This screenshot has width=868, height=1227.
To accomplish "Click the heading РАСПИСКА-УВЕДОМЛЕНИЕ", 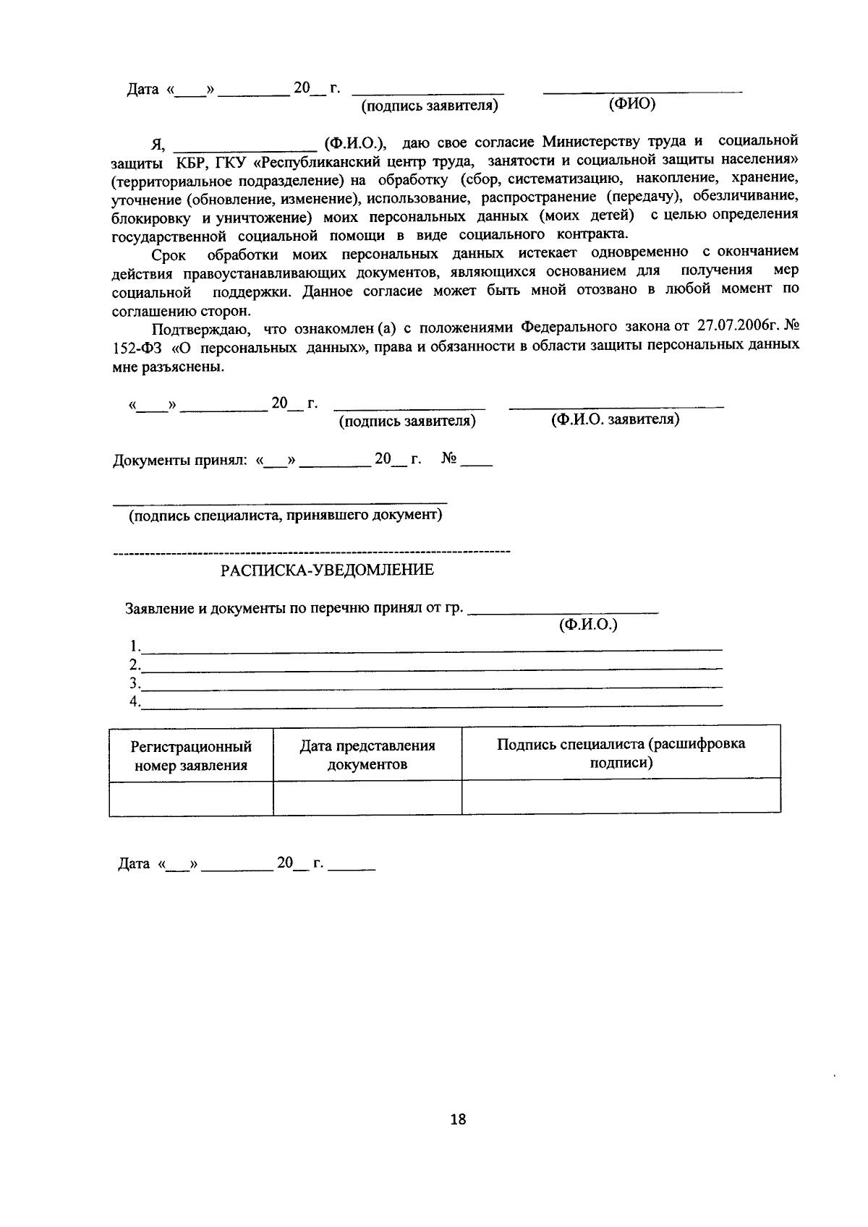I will tap(327, 570).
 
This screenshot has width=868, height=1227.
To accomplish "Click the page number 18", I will tap(458, 1120).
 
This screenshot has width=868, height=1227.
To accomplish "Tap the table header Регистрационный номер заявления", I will tap(191, 756).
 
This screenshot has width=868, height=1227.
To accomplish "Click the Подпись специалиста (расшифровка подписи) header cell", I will tap(621, 753).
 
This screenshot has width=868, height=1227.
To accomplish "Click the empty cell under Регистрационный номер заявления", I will tap(191, 798).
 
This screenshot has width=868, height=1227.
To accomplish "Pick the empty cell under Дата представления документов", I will tap(367, 798).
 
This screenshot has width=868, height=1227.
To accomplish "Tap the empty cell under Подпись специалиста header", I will tap(621, 797).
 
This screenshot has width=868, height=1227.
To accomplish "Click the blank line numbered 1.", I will tap(432, 648).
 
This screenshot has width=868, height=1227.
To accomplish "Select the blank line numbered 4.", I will tap(432, 704).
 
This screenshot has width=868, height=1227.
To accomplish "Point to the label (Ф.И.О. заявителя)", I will tap(615, 420).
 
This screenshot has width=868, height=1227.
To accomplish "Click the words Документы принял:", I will tap(180, 461).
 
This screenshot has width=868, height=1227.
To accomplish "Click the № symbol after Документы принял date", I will tap(449, 459).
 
